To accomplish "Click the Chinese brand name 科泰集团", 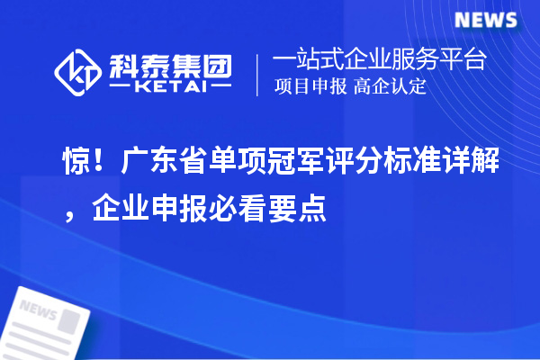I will (x=171, y=64).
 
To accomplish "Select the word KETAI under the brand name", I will (x=171, y=87).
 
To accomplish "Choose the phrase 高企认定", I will (x=393, y=87).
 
